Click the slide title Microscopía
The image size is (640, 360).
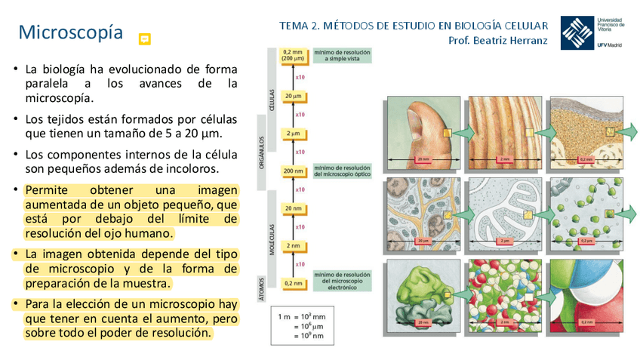tap(70, 32)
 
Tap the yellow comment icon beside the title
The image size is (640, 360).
tap(145, 39)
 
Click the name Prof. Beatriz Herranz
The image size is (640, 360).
tap(497, 41)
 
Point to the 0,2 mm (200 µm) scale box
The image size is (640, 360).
tap(293, 55)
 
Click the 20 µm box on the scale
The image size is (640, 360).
tap(294, 97)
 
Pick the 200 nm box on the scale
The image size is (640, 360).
tap(294, 171)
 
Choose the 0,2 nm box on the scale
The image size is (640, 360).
tap(294, 283)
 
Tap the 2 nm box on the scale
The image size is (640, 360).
tap(294, 245)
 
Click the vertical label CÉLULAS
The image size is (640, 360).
tap(272, 100)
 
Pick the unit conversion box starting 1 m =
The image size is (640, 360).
tap(304, 327)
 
